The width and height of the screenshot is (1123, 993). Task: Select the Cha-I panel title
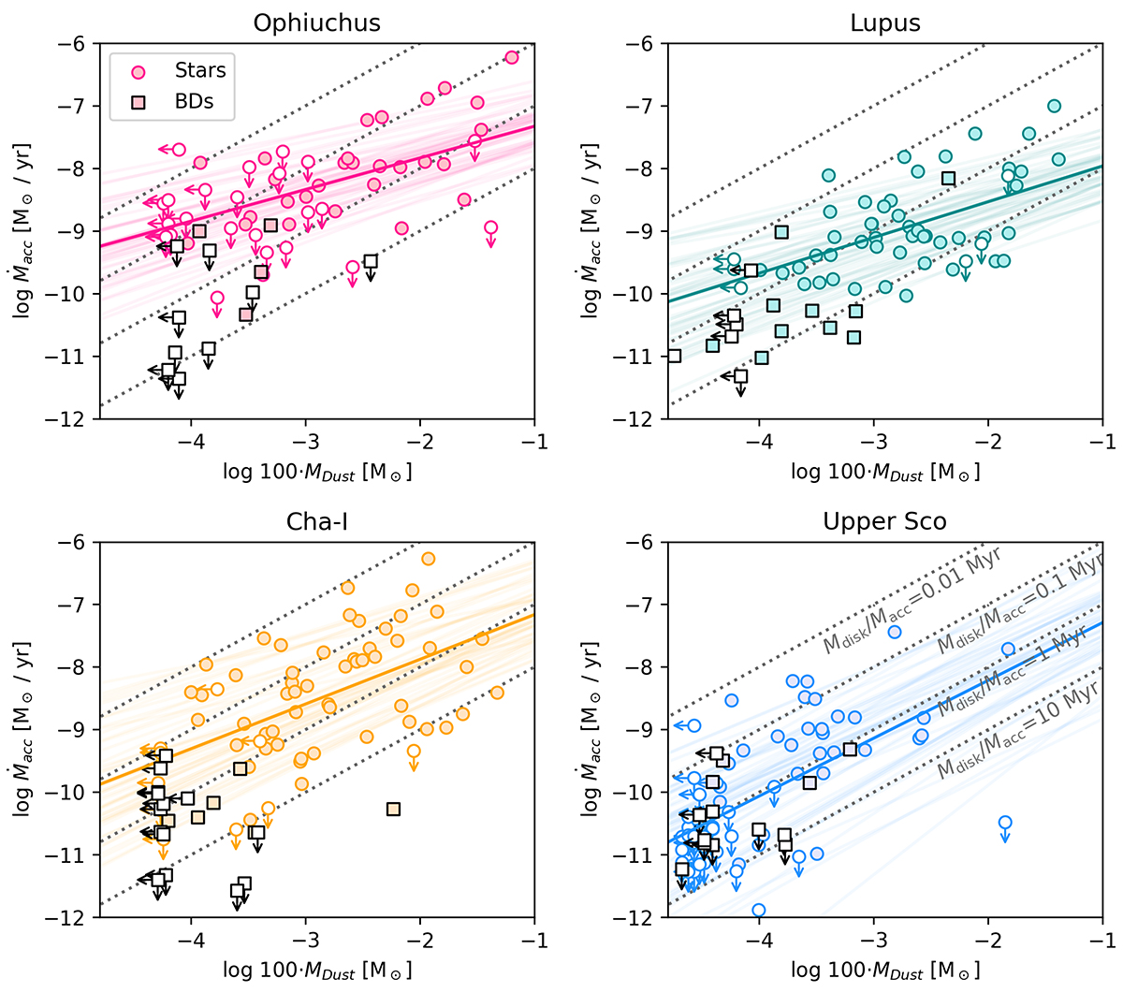pos(317,520)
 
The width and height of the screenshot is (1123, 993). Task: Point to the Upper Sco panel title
pos(885,520)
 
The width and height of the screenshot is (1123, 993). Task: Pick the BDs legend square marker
pos(138,102)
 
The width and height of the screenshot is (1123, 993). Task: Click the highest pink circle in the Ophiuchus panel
pos(511,57)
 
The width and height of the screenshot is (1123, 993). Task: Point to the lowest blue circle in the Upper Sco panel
pos(759,910)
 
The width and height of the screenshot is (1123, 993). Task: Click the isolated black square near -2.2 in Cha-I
pos(393,809)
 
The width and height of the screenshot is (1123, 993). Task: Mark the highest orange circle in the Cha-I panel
pos(429,559)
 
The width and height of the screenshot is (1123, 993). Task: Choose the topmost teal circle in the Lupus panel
pos(1054,106)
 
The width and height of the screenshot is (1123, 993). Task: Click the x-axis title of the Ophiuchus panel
pos(317,472)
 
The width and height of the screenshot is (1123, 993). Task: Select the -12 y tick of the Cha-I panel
pos(76,918)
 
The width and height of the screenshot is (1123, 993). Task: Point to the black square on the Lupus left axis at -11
pos(674,356)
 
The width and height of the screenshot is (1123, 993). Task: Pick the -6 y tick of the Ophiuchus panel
pos(76,44)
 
